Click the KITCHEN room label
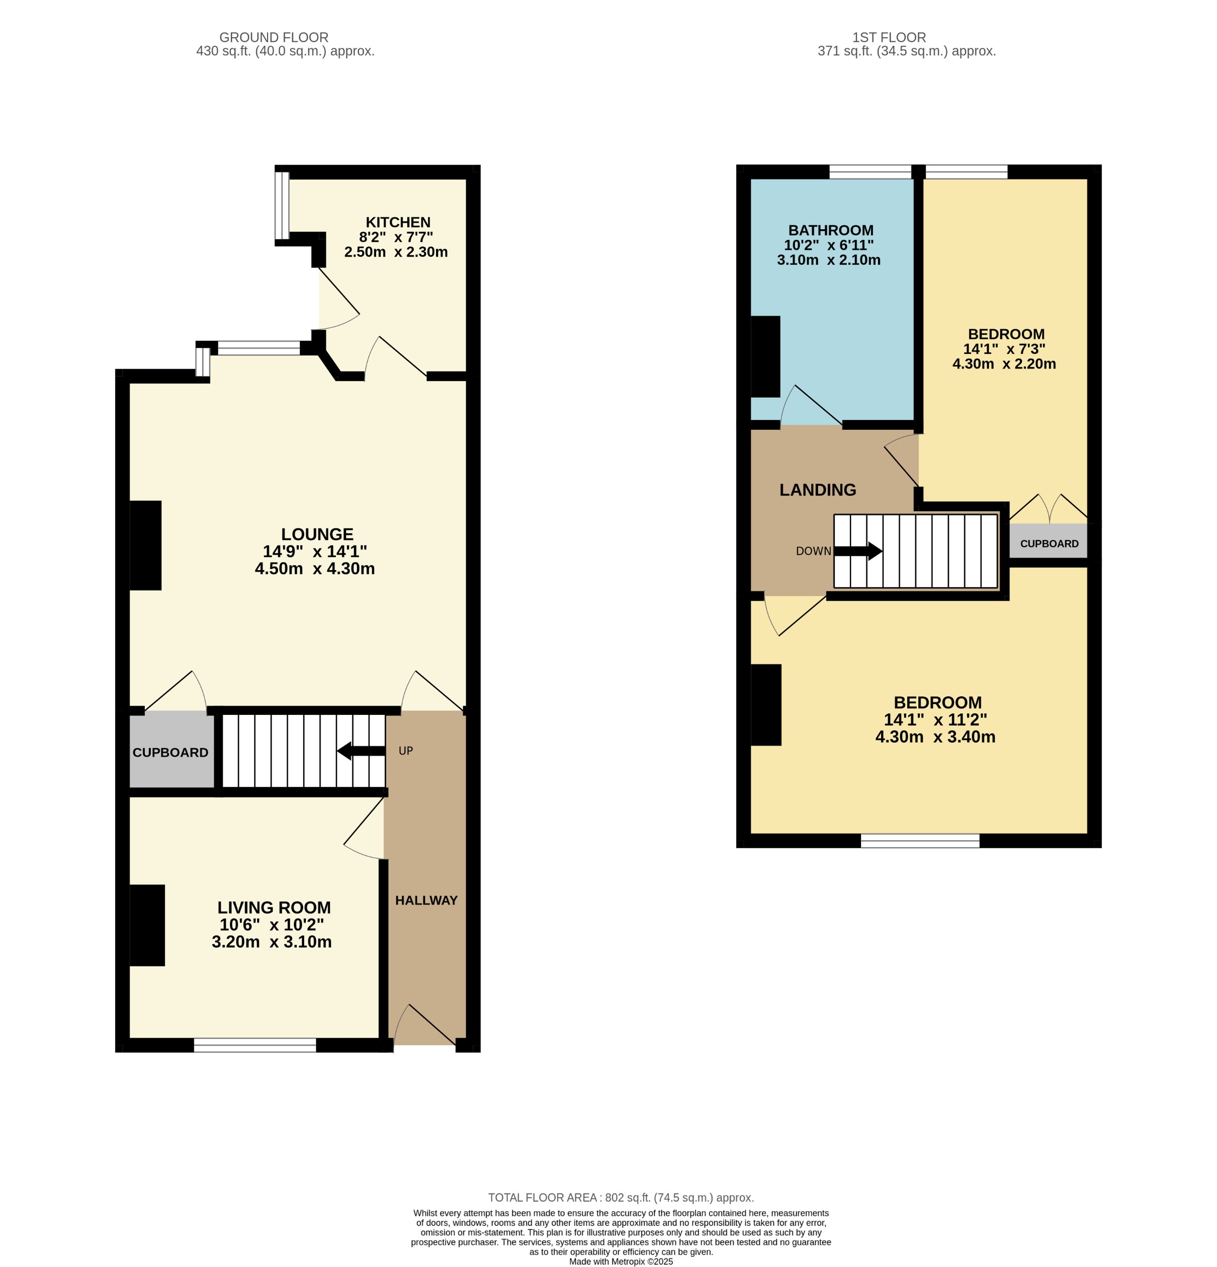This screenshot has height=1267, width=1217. (398, 222)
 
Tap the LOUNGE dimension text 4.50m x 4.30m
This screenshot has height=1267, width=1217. (314, 568)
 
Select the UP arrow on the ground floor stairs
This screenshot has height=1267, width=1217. (361, 751)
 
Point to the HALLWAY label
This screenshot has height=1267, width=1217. (426, 900)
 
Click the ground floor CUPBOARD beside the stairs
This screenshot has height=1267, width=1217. (170, 752)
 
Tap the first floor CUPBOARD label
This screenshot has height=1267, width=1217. (1049, 544)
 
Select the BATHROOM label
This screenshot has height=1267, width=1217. (830, 230)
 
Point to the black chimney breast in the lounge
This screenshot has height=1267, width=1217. (145, 545)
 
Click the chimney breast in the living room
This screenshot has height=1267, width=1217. (147, 925)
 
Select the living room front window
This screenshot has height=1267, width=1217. (255, 1045)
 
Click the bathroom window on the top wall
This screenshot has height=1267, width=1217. (870, 171)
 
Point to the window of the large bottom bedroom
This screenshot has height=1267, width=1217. (920, 840)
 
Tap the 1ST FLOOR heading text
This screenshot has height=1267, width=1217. (889, 38)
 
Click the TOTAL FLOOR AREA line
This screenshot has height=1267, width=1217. (621, 1197)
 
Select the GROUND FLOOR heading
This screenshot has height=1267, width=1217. (274, 38)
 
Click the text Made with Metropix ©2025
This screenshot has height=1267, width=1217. (621, 1261)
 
